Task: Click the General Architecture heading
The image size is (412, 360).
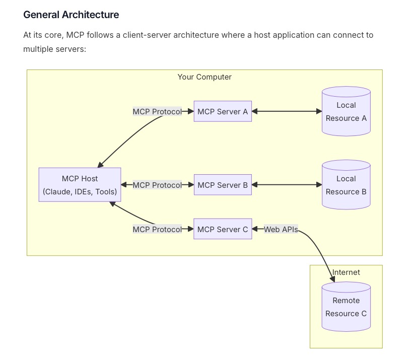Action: click(x=71, y=15)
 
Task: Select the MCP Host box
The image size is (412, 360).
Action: click(x=80, y=185)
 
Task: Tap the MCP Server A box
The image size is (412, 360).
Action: click(x=223, y=111)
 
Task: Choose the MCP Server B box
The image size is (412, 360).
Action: click(x=223, y=185)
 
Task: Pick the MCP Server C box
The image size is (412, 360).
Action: click(x=223, y=229)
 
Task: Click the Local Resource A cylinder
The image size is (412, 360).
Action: click(x=347, y=111)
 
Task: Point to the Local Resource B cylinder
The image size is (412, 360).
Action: click(x=347, y=185)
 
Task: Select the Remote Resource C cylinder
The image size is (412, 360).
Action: click(x=347, y=307)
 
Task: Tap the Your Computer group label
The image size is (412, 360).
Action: click(x=204, y=77)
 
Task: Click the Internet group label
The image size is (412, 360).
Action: click(x=346, y=272)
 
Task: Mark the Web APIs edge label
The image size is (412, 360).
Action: click(x=281, y=229)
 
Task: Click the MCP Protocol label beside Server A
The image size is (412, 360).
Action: click(x=157, y=112)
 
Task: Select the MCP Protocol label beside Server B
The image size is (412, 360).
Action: click(x=157, y=185)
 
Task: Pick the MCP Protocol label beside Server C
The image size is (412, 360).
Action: click(x=157, y=229)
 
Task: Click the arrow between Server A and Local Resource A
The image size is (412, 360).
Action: click(x=287, y=111)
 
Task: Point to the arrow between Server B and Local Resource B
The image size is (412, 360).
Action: click(x=287, y=185)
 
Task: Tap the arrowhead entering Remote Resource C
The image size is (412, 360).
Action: click(x=332, y=279)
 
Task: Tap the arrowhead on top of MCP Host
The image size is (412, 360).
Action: click(x=100, y=165)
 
